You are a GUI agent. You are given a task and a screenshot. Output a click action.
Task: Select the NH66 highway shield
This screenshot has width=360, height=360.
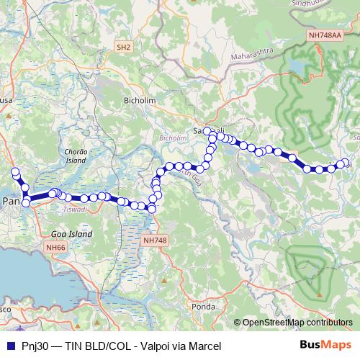55,247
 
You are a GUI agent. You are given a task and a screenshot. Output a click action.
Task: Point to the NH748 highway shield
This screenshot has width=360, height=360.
155,240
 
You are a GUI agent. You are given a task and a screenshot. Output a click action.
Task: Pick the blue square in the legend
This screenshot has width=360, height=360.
9,346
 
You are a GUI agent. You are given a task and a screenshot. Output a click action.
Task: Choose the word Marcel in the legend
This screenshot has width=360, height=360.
203,346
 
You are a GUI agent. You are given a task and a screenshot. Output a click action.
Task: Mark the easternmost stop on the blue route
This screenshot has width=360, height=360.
345,163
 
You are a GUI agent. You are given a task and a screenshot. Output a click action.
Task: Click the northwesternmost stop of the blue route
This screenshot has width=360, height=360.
15,172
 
